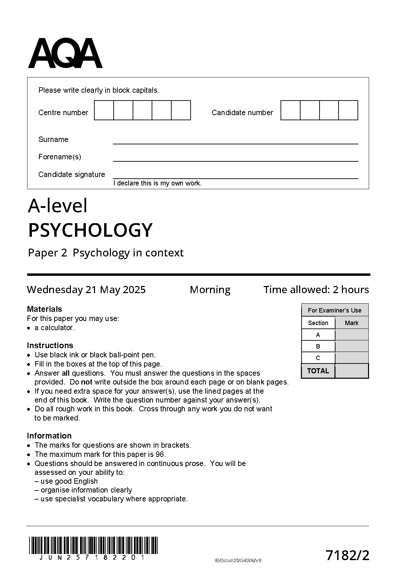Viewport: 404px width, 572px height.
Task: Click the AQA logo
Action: click(x=65, y=53)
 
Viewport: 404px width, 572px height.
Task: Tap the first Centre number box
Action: click(x=104, y=110)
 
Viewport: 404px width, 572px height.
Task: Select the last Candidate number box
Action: click(x=348, y=110)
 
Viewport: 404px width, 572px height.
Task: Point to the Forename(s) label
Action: click(x=60, y=157)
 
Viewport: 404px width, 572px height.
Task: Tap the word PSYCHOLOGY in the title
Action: click(x=90, y=230)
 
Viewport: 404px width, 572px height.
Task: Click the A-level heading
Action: click(x=58, y=206)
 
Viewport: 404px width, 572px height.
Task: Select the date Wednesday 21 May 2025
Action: click(x=86, y=290)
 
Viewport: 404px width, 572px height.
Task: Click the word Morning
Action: click(x=210, y=290)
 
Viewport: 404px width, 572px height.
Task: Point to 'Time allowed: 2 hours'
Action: click(x=316, y=290)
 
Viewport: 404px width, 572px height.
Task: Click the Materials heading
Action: click(x=44, y=309)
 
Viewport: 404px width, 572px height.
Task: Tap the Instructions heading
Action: click(x=50, y=345)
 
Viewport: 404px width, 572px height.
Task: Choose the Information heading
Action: click(x=49, y=436)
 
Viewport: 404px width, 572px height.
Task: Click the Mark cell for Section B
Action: click(x=351, y=346)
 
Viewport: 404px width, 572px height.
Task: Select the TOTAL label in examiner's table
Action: click(x=318, y=371)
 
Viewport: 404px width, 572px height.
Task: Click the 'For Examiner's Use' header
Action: click(x=334, y=310)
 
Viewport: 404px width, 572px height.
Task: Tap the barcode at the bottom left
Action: click(x=93, y=546)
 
